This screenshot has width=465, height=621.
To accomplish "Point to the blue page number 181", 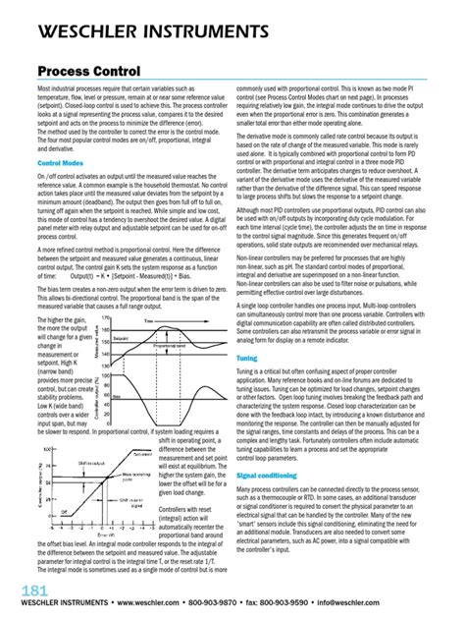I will (x=28, y=590).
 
